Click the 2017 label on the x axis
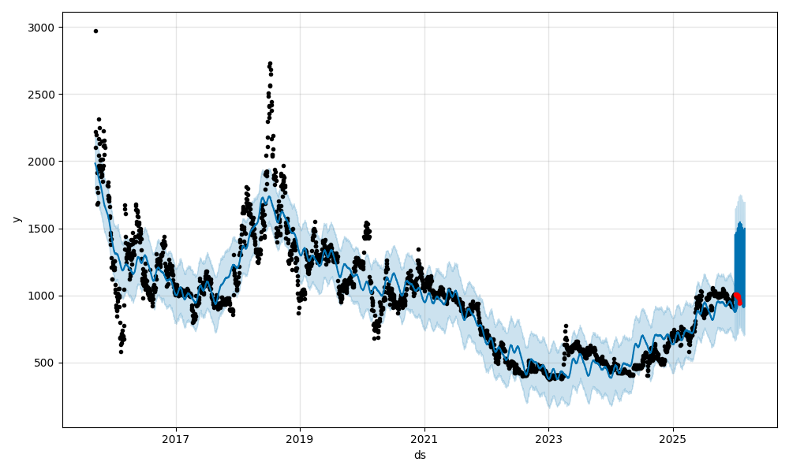(176, 439)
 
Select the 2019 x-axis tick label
(300, 439)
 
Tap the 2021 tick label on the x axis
(424, 439)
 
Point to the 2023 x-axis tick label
(548, 439)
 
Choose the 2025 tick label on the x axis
(673, 439)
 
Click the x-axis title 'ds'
(420, 455)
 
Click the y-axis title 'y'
(15, 219)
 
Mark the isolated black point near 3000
(95, 31)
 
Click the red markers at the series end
(737, 297)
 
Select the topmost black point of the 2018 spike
(270, 63)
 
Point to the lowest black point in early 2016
(121, 352)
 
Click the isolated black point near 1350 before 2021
(418, 249)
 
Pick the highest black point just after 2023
(566, 326)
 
